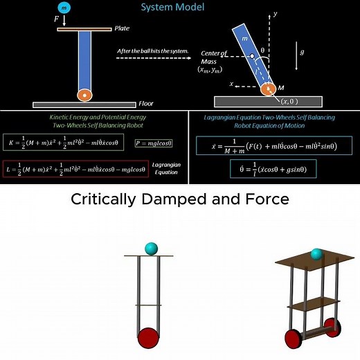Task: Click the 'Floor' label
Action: [x=145, y=104]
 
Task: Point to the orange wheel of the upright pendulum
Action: [x=85, y=95]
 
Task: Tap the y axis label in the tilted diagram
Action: [x=275, y=13]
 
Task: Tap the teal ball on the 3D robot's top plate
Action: [x=316, y=255]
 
